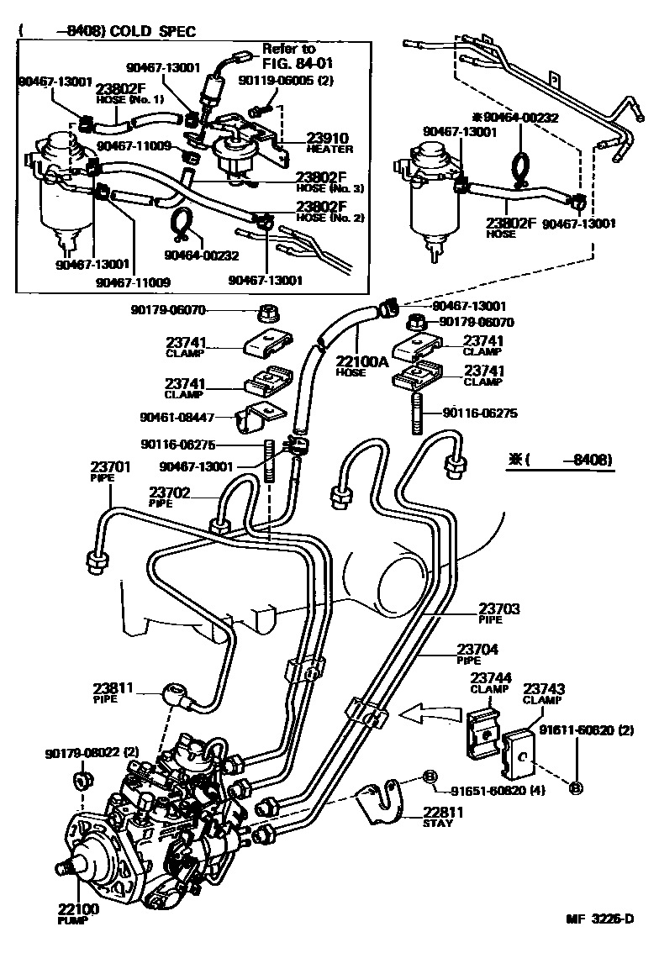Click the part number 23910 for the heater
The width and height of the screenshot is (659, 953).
click(x=307, y=138)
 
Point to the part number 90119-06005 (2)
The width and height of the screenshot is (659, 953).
click(x=287, y=82)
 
